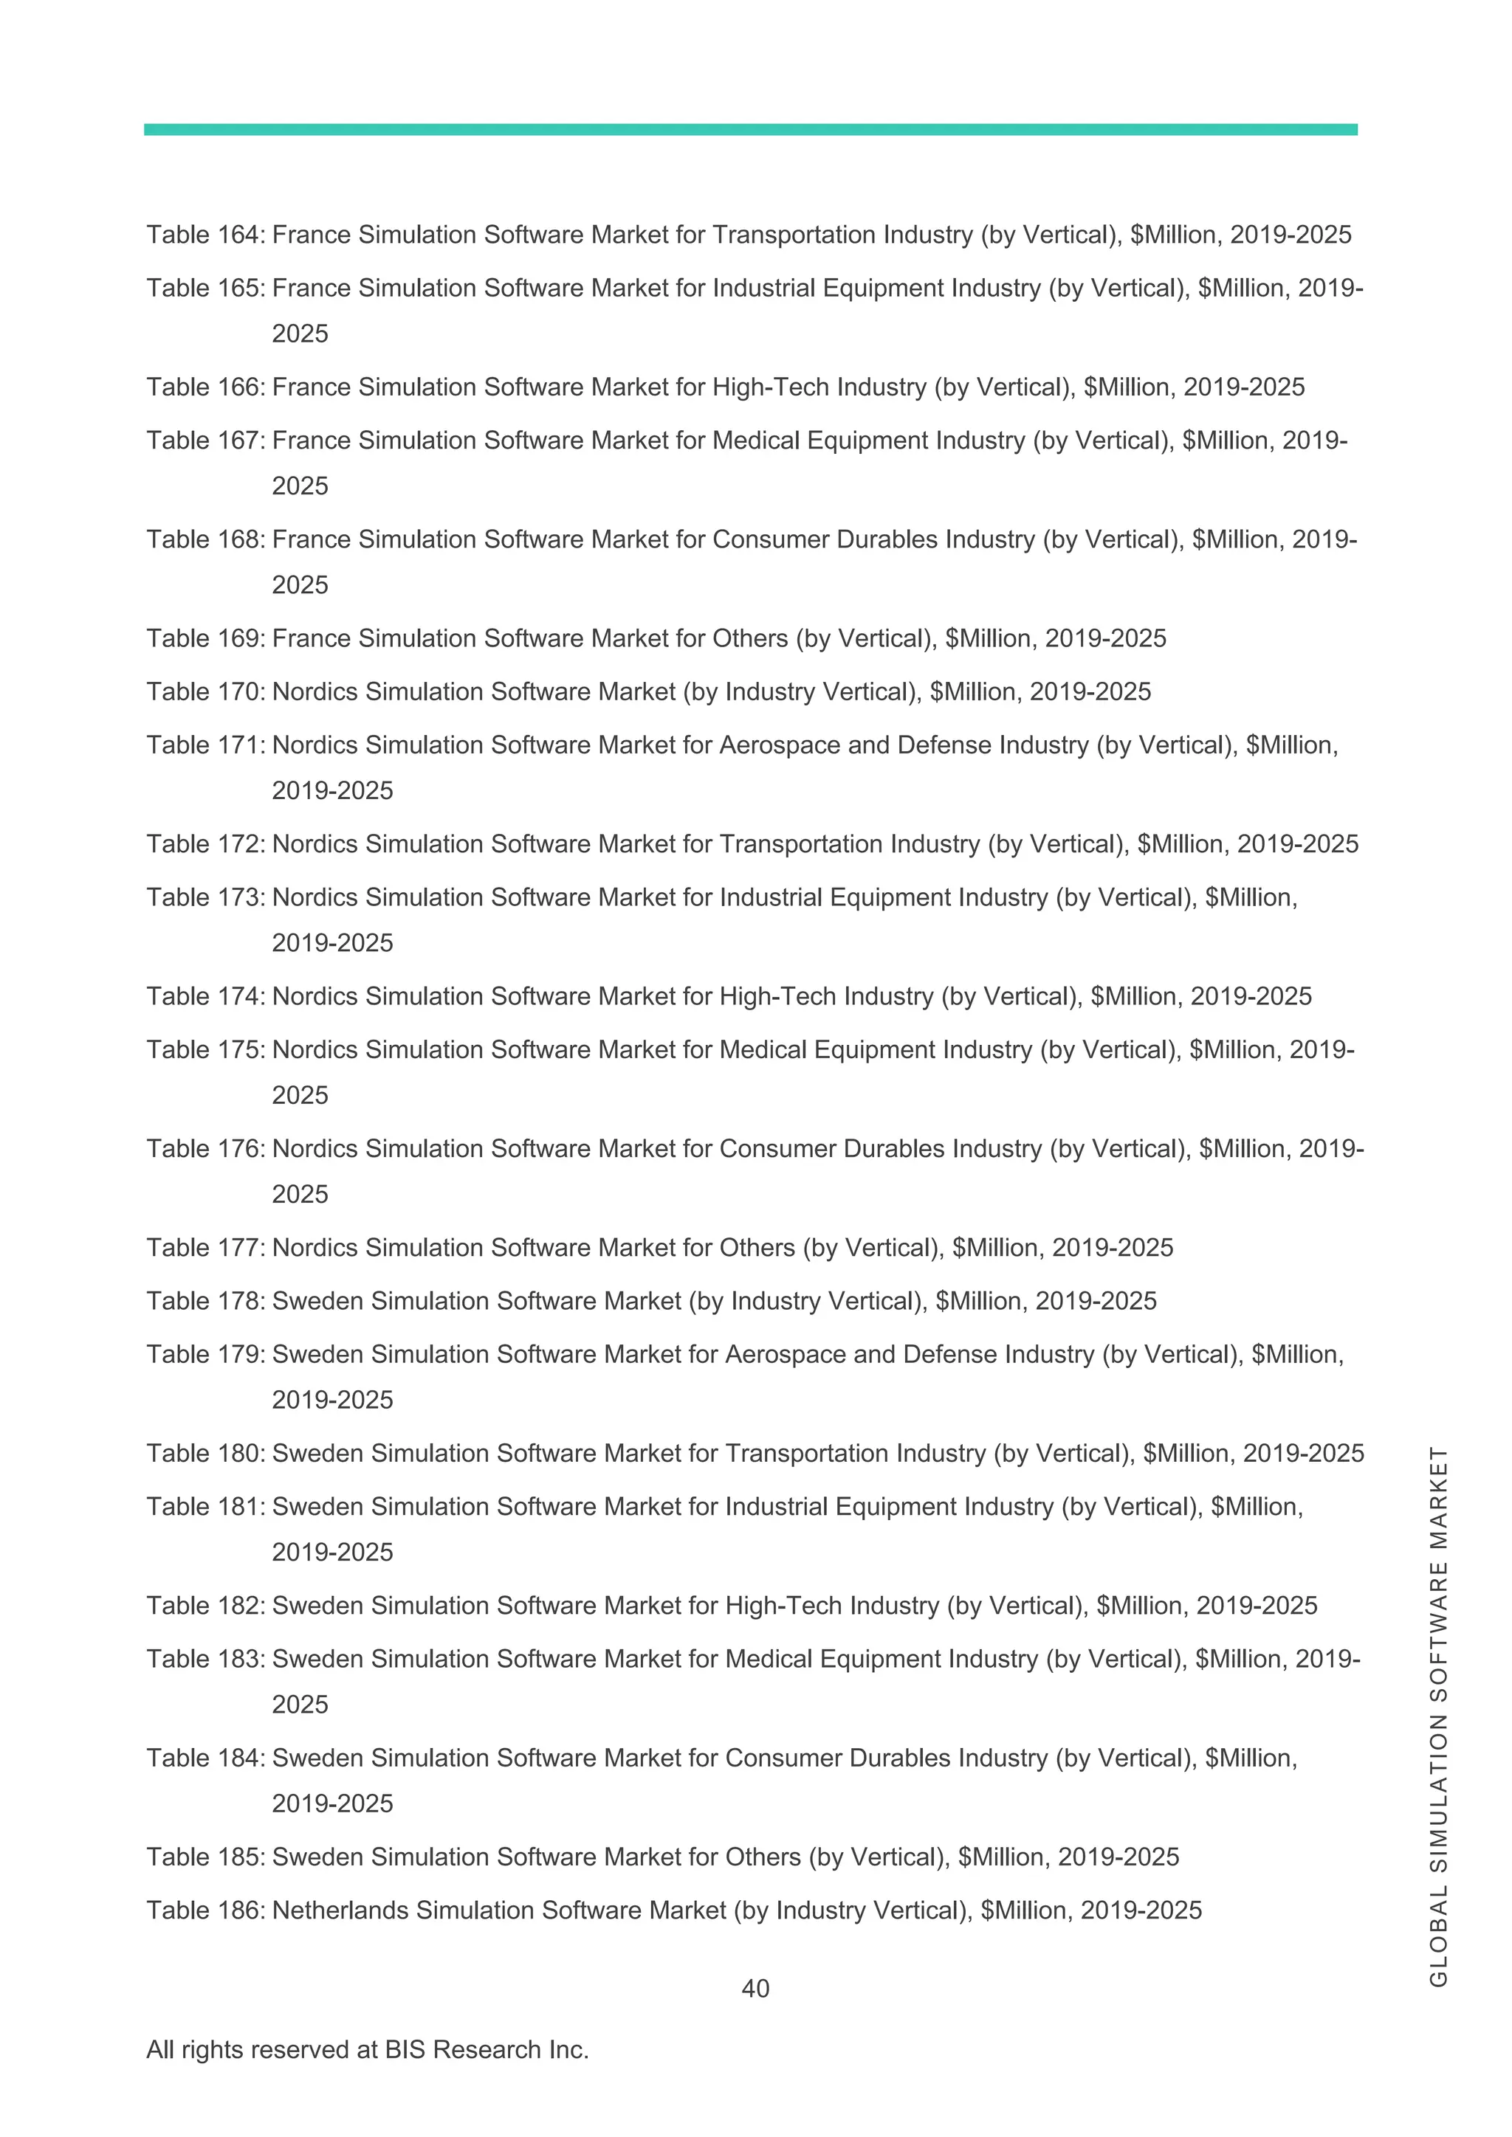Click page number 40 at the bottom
(x=755, y=1989)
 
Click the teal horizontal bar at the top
(x=750, y=129)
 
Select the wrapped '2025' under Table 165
(x=300, y=334)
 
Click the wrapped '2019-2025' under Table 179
(x=332, y=1400)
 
